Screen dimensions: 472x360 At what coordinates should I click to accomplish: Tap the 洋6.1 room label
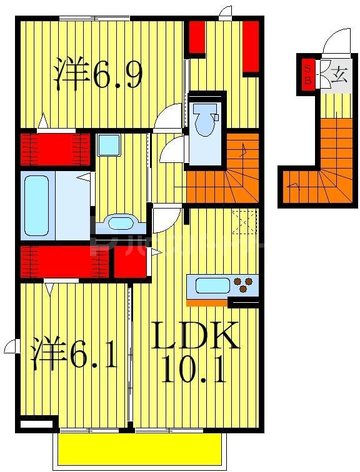coord(74,355)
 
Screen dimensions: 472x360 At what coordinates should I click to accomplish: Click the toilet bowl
coord(205,120)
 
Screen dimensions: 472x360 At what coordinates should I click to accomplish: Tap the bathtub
coord(36,205)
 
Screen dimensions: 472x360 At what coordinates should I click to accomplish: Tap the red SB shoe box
coord(307,74)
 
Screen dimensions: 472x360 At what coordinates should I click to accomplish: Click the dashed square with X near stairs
coord(244,222)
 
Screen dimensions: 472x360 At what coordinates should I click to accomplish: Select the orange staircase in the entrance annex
coord(328,169)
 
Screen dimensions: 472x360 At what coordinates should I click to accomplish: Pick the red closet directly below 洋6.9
coord(55,148)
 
